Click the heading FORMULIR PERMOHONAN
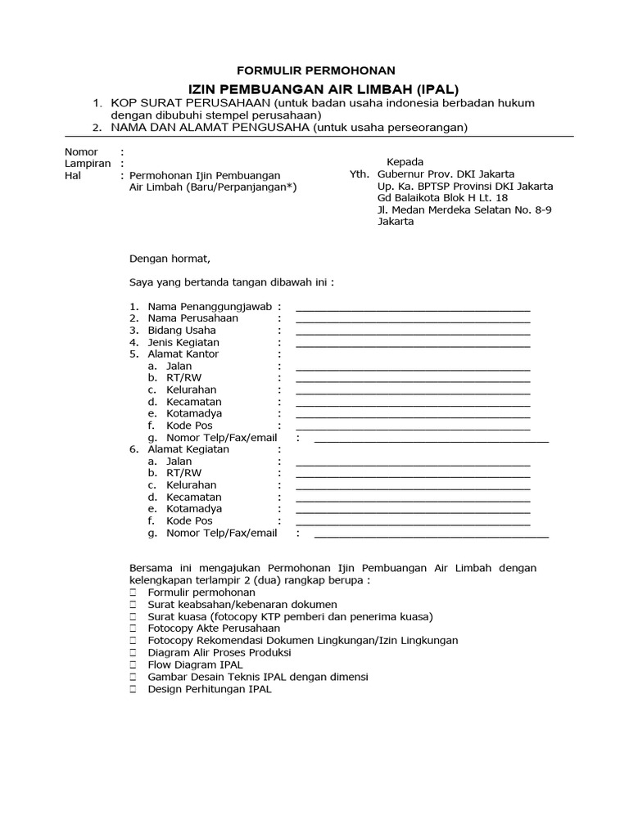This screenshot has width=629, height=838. [x=315, y=70]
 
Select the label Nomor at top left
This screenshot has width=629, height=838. [x=81, y=152]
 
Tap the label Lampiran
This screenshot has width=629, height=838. [x=88, y=164]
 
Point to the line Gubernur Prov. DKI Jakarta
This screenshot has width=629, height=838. [x=446, y=174]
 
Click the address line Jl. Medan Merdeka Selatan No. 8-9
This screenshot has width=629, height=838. [x=464, y=209]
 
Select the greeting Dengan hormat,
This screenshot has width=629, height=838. [x=170, y=259]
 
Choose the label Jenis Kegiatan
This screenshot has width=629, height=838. [x=183, y=342]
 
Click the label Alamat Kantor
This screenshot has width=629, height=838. [x=183, y=354]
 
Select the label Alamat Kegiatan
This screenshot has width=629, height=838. [x=187, y=449]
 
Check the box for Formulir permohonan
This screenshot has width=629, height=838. [x=133, y=592]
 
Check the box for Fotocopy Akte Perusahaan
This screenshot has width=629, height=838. [x=133, y=628]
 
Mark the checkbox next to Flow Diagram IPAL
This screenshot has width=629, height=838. [x=133, y=665]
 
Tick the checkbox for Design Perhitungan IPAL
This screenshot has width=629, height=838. [x=133, y=689]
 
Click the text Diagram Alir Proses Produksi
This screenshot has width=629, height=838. [x=219, y=653]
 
